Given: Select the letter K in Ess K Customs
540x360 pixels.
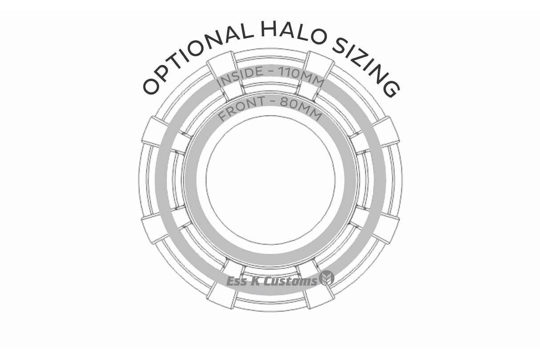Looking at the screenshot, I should pyautogui.click(x=257, y=281).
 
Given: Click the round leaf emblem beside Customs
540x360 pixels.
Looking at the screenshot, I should pyautogui.click(x=327, y=278).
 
